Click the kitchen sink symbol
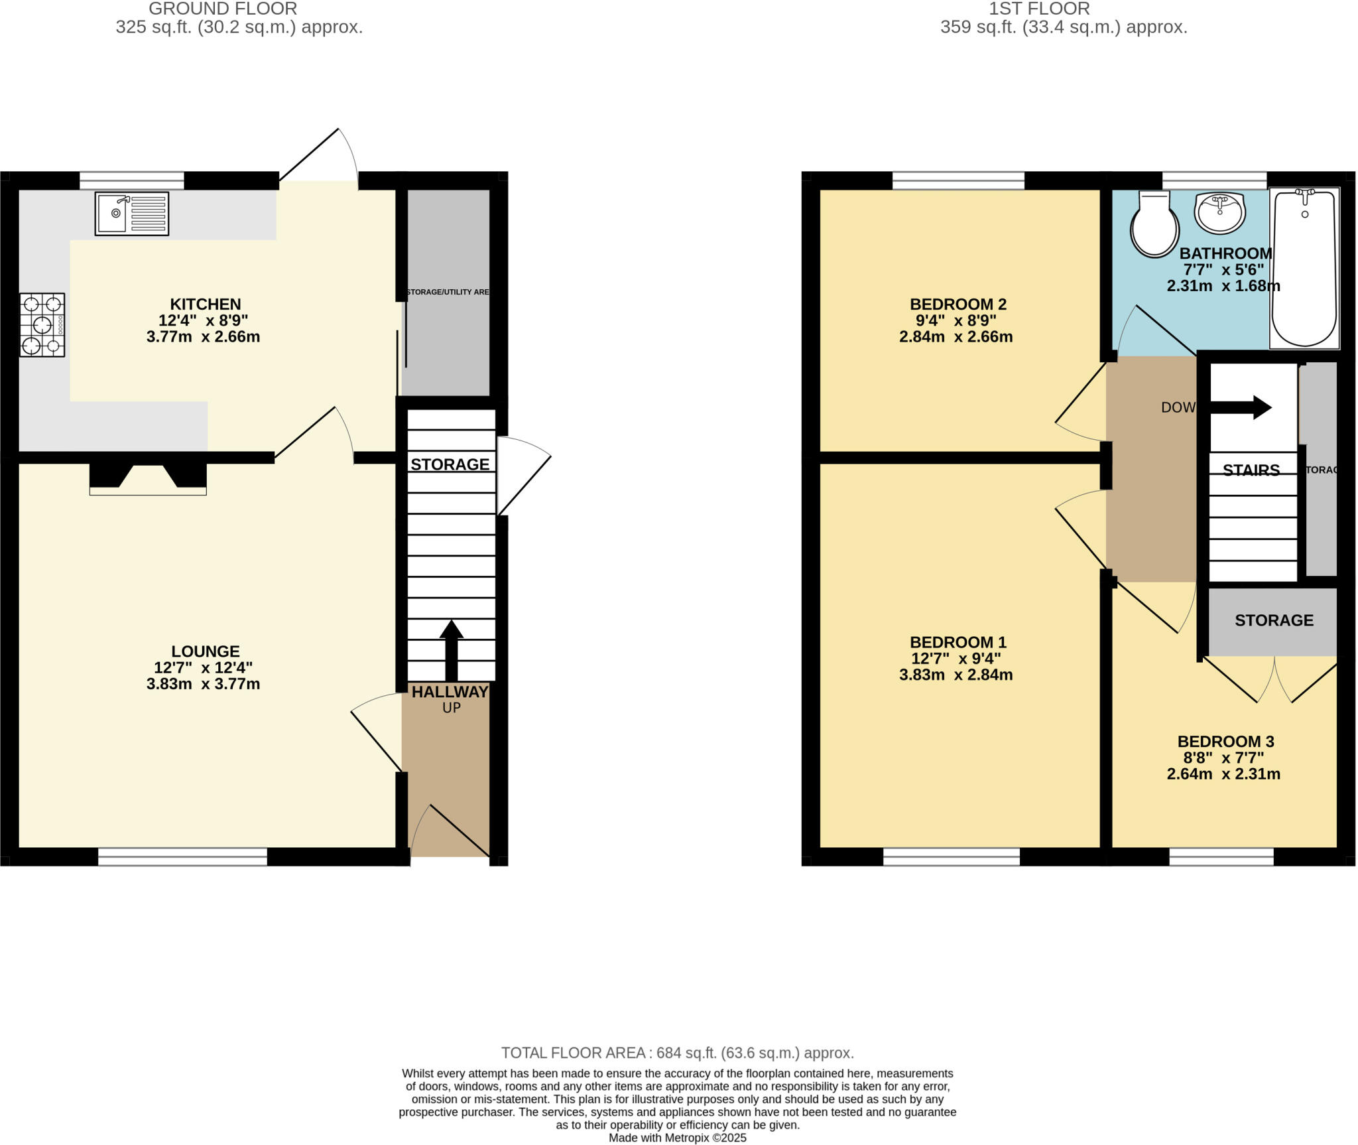[131, 214]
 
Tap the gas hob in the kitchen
[42, 325]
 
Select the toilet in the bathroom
[1154, 224]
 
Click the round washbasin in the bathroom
[1219, 213]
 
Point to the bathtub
[1304, 268]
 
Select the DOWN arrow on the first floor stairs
[1240, 407]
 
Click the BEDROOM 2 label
[957, 304]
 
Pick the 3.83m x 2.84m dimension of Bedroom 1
[956, 675]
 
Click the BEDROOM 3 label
[1225, 742]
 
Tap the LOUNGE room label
[206, 651]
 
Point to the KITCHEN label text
[206, 304]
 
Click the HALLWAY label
[450, 692]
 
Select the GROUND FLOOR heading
[223, 9]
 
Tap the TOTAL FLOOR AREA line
[677, 1053]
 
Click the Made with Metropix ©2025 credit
[677, 1138]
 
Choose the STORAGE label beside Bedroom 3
[1273, 620]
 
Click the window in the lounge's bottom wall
[182, 857]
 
